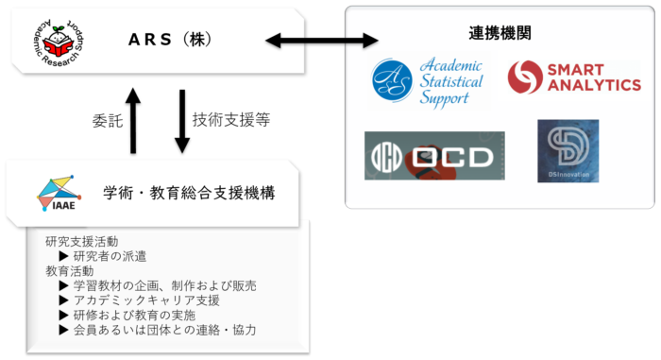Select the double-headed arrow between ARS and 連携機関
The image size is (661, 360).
[x=322, y=41]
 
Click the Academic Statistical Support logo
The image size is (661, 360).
[x=428, y=81]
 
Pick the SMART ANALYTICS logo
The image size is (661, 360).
[x=573, y=78]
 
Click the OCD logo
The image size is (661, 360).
[x=433, y=156]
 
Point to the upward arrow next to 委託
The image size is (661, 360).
[x=135, y=120]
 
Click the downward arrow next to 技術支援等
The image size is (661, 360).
[x=180, y=120]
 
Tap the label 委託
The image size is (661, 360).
[x=106, y=121]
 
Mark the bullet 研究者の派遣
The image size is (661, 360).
[x=109, y=256]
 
